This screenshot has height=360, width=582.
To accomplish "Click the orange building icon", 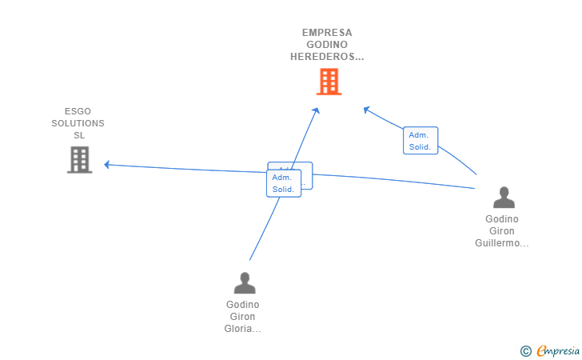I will tap(329, 82).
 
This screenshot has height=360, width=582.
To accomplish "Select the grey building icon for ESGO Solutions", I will tap(79, 159).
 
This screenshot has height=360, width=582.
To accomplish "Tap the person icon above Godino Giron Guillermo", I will tap(504, 198).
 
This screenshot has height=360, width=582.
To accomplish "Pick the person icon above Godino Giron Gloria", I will tap(244, 283).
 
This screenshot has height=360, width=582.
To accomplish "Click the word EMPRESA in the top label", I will tap(327, 33).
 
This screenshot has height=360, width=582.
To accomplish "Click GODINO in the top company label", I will tap(327, 45).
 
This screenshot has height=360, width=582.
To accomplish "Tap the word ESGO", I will tap(78, 111).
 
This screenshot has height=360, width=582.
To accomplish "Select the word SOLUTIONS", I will tap(78, 123).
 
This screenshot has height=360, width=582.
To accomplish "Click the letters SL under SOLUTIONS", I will tap(78, 135).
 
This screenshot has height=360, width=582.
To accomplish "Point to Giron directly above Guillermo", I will tap(502, 231).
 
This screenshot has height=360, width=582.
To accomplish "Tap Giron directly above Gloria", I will tap(243, 317).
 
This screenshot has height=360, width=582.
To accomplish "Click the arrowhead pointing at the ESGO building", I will tap(107, 165).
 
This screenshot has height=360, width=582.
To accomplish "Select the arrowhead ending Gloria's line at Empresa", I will tap(317, 110).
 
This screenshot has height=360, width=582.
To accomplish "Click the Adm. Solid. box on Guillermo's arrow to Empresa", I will tap(421, 141).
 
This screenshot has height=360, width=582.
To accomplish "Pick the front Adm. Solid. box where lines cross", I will tap(283, 183).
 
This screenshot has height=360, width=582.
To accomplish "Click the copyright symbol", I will tap(525, 350).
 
